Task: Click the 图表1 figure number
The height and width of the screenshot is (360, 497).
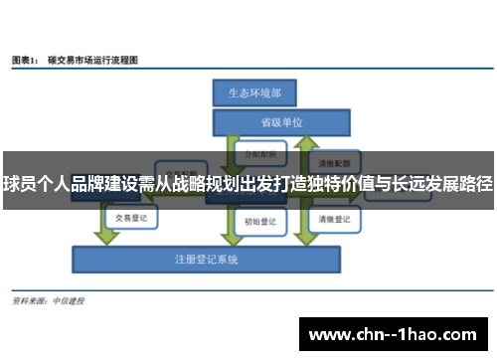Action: [26, 60]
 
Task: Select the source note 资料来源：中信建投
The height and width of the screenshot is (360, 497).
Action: [48, 300]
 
